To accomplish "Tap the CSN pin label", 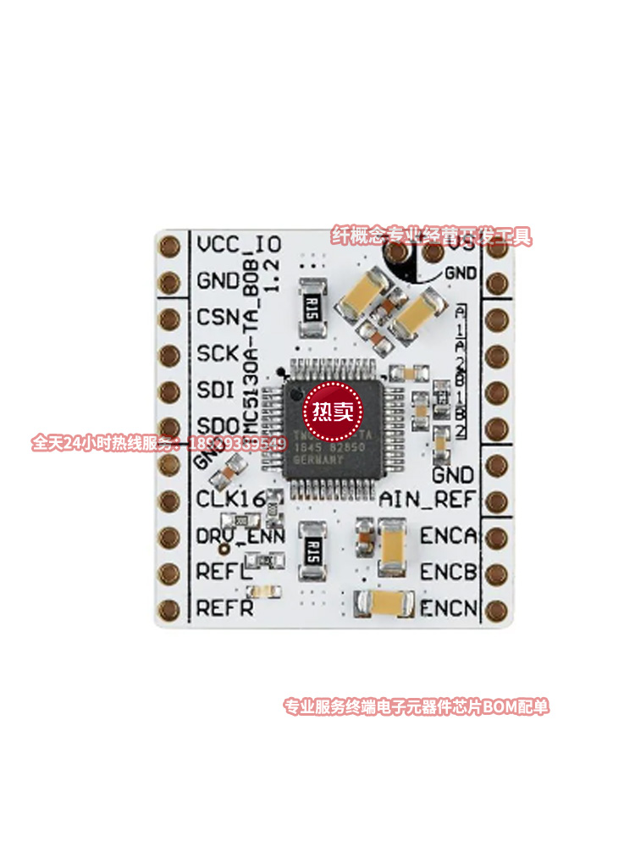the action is [x=222, y=318].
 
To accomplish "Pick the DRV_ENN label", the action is [x=240, y=535].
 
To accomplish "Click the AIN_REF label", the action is [x=428, y=499].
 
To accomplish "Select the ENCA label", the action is [x=449, y=535].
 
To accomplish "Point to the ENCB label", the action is [x=449, y=572].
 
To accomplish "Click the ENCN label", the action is [x=449, y=608].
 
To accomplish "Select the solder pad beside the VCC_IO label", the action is [x=170, y=245].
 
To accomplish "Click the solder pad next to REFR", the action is [x=170, y=608].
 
